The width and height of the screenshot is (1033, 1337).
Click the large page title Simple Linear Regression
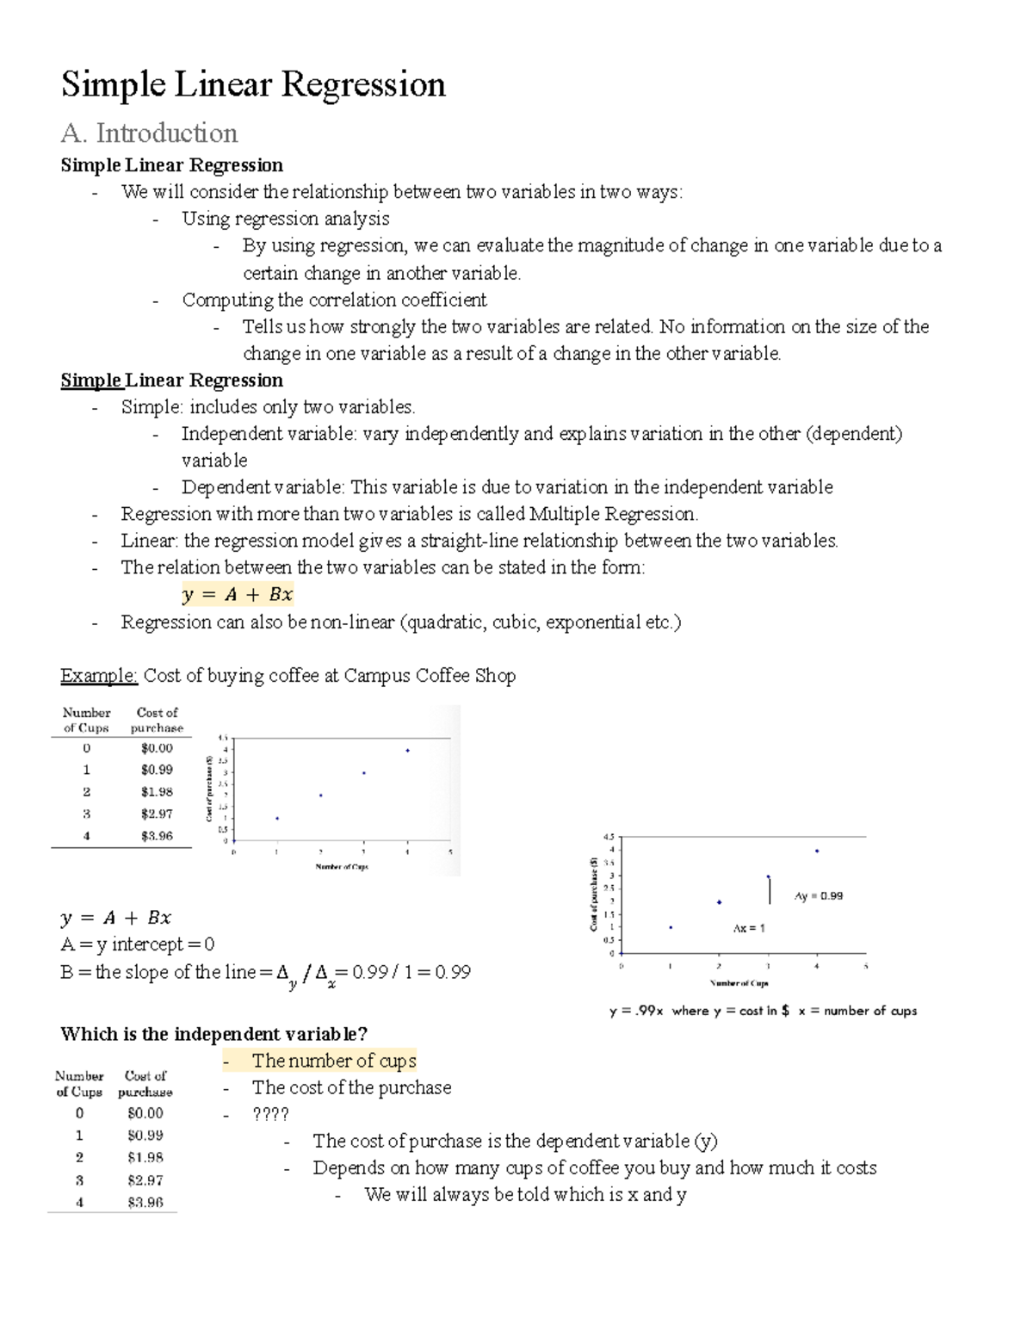point(253,85)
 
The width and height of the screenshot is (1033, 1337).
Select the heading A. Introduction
point(149,133)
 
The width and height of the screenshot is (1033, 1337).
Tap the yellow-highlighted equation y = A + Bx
point(238,594)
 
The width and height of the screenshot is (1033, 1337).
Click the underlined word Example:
point(98,676)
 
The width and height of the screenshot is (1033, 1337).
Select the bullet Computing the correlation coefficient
point(334,300)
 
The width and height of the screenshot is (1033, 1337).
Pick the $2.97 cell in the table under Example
point(157,814)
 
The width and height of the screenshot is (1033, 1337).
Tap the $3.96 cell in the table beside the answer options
point(145,1203)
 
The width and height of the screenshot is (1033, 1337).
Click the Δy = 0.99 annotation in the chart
point(819,896)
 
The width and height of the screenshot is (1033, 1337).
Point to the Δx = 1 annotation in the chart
point(748,928)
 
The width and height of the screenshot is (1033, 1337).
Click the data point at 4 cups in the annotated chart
point(816,851)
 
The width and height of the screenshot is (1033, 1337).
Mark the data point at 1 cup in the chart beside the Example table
point(276,818)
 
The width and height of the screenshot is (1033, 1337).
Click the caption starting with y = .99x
point(763,1011)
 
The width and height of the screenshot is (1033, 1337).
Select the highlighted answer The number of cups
point(334,1061)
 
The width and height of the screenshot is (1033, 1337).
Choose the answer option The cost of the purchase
point(351,1087)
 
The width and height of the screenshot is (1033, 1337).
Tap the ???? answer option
point(270,1114)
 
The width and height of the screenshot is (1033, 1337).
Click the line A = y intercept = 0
point(138,944)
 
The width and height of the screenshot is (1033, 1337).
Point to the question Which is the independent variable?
point(213,1034)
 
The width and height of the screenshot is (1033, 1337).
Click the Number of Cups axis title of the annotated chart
point(739,983)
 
